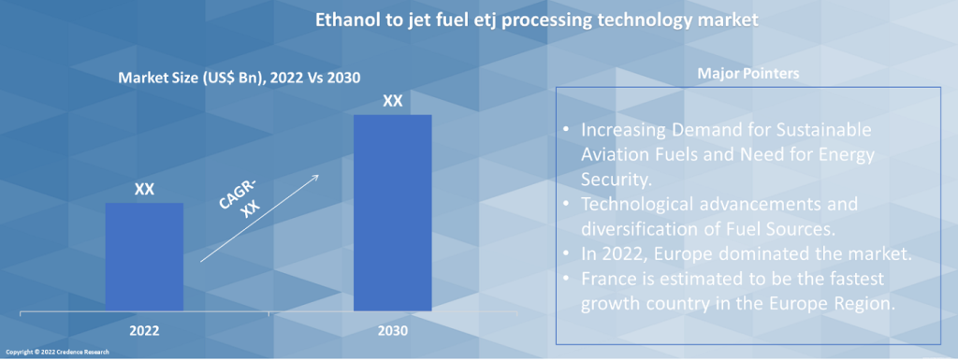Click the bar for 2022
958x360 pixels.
[x=144, y=257]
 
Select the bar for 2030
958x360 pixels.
[x=393, y=213]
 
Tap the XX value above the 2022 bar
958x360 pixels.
[x=144, y=190]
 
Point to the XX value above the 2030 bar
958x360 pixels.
[x=393, y=101]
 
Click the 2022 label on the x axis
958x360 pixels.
[x=144, y=331]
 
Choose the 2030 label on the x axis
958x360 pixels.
[x=393, y=331]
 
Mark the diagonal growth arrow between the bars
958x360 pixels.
[x=260, y=219]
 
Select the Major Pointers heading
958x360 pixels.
[x=748, y=74]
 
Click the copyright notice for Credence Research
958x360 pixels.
[x=58, y=353]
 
